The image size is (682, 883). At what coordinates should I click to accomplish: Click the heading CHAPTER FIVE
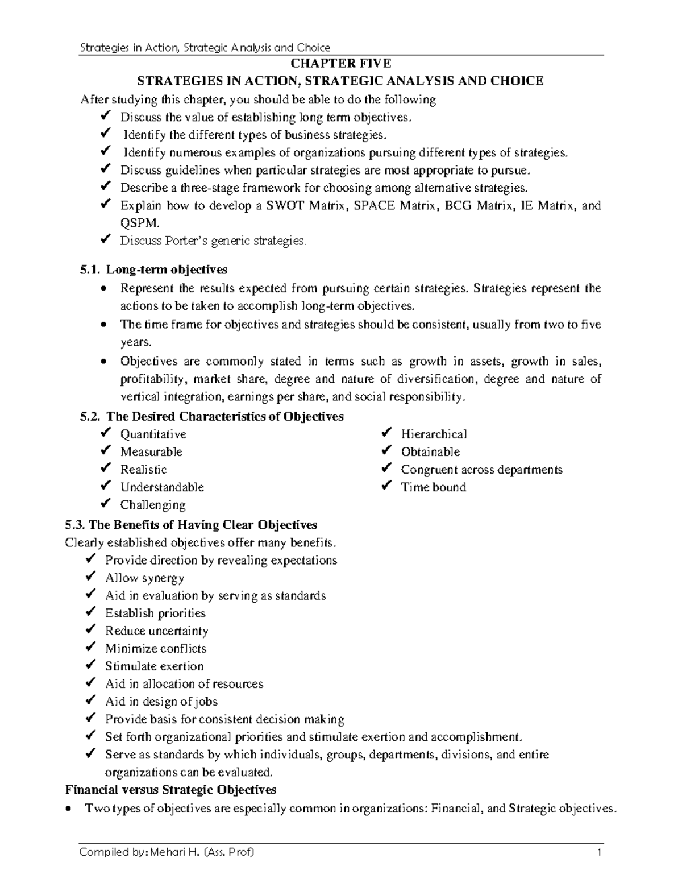340,63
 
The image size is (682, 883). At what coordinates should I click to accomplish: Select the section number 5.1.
90,270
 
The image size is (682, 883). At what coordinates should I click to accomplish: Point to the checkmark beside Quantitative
105,434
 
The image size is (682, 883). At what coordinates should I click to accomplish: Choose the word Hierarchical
434,434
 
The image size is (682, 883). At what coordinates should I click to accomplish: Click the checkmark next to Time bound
386,487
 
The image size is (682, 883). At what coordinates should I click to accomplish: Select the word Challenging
153,505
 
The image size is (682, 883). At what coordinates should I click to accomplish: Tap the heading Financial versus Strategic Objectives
171,790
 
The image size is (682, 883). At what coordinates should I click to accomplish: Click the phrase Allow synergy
144,578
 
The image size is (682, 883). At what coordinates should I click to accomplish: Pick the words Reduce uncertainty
156,631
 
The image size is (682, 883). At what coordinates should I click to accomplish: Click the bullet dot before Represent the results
102,289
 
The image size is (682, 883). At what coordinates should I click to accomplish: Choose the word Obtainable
430,452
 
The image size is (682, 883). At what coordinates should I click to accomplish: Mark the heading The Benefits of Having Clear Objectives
192,524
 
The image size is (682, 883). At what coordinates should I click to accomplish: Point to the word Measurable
151,452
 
